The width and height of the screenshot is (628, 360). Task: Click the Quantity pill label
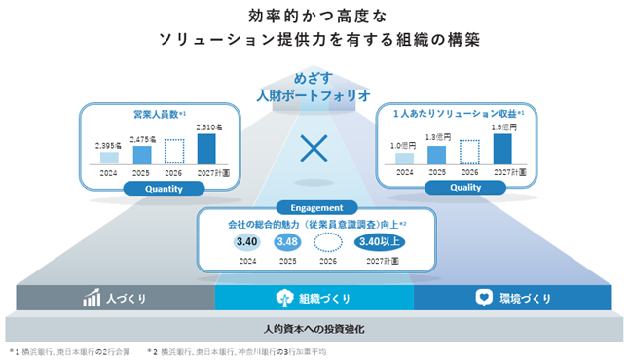164,189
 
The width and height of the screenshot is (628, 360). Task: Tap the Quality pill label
465,188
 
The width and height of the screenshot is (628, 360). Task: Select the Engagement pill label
316,208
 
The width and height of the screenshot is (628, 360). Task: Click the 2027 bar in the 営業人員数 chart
206,149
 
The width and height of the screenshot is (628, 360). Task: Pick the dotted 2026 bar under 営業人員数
174,152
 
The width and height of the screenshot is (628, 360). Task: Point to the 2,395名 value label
108,146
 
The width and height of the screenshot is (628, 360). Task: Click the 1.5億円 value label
504,127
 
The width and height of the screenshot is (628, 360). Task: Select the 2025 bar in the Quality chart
436,155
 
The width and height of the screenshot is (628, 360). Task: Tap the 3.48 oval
287,242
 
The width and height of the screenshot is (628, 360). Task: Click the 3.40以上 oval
380,242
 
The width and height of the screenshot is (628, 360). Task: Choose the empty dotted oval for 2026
328,242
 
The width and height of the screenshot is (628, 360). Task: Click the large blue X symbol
314,149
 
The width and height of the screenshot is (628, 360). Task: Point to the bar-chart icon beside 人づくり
92,298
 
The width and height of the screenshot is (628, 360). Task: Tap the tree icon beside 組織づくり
284,298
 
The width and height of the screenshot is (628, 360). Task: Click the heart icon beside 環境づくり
484,298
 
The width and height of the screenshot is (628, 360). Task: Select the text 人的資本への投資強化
314,329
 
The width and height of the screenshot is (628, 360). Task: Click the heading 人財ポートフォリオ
314,96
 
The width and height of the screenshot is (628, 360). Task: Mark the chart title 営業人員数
156,115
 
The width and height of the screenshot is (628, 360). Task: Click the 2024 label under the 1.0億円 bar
404,172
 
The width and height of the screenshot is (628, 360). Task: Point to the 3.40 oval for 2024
246,242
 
